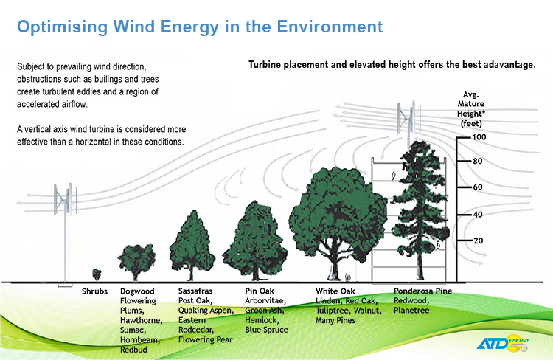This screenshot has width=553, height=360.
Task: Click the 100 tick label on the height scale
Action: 479,137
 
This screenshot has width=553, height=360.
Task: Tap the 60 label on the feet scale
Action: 478,187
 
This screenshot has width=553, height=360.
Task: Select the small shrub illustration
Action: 97,274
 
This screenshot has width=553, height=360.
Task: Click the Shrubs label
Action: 94,291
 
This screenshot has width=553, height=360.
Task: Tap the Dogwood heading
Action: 137,291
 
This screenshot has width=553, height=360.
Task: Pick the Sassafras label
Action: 195,291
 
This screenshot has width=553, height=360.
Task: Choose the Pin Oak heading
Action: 260,291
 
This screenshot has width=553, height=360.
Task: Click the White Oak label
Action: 335,291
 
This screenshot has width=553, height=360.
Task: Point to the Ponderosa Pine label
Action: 423,291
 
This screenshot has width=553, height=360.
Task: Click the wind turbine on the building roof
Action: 408,118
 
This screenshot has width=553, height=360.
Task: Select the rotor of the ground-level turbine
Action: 66,198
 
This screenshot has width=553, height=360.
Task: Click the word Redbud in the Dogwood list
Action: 133,350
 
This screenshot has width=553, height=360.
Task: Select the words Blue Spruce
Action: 267,330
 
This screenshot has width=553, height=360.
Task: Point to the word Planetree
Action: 411,311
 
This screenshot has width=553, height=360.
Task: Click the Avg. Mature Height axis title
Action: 471,109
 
